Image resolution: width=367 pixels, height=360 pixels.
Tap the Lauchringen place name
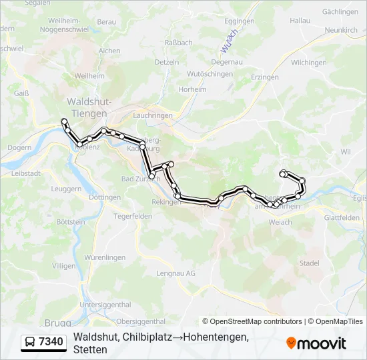153,115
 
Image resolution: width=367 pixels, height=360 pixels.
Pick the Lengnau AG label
175,273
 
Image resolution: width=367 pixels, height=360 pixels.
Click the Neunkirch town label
340,30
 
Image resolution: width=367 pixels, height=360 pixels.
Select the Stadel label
309,263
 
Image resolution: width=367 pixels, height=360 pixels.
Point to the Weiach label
280,222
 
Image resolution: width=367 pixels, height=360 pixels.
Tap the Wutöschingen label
210,74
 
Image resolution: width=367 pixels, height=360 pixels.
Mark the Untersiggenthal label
105,305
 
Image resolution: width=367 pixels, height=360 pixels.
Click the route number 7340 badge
51,343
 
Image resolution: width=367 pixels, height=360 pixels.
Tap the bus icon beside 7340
31,343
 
